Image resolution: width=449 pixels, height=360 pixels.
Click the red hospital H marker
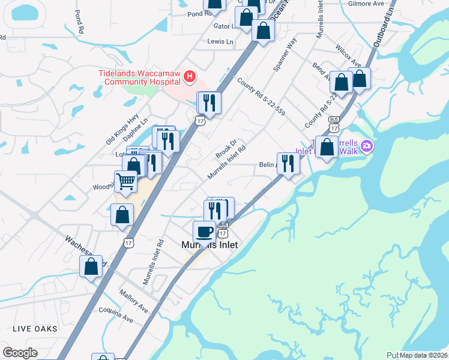pos(190,76)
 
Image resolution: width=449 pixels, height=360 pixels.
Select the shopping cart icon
pos(125,181)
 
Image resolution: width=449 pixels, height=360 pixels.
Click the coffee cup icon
pos(204,231)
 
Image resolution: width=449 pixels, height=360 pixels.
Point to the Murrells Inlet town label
pos(209,245)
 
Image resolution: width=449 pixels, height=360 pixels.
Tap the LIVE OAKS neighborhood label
pos(35,329)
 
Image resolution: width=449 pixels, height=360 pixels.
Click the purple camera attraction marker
pos(367,146)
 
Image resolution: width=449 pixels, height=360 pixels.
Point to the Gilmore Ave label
pos(366,4)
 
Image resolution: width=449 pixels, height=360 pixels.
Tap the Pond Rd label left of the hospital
pos(80,21)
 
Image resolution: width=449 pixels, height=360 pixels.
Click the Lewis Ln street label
pos(220,41)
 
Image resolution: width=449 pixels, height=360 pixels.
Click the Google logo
pos(20,353)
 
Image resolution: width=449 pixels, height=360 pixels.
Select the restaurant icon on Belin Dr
pos(288,163)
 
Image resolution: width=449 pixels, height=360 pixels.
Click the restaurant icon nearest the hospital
pos(209,103)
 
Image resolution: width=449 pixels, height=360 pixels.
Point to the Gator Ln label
pos(226,26)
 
